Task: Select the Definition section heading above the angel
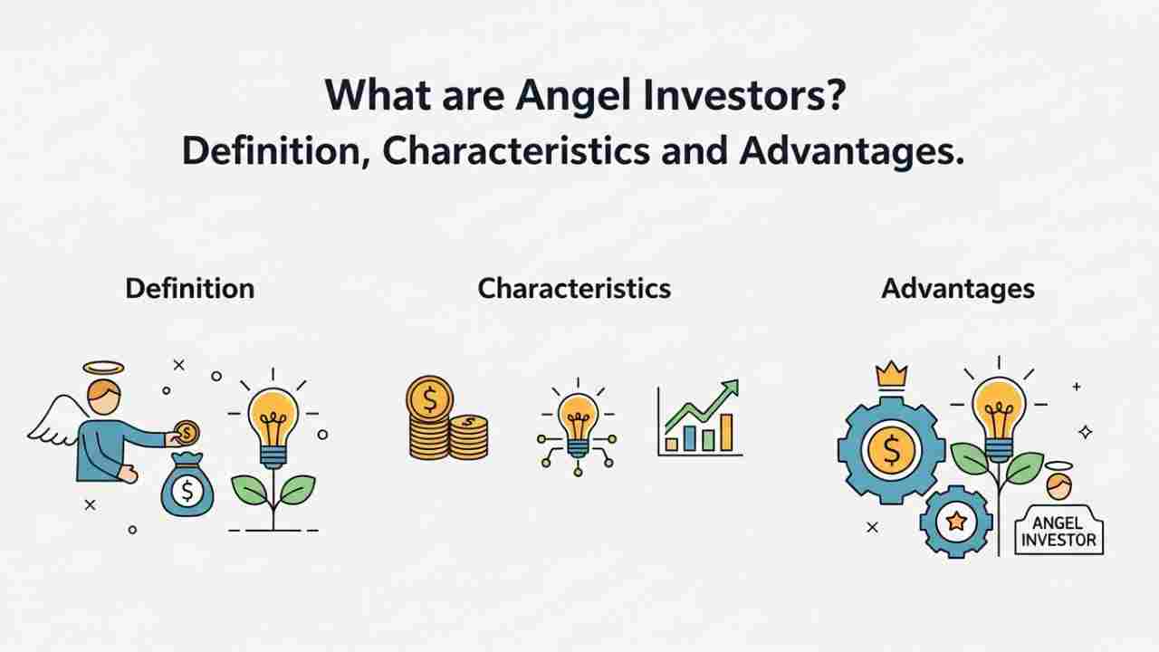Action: click(x=189, y=289)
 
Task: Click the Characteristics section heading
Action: click(x=574, y=289)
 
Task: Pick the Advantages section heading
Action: click(x=957, y=289)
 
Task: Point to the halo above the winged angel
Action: click(x=102, y=367)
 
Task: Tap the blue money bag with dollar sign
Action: click(x=187, y=491)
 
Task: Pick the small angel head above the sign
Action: click(x=1058, y=484)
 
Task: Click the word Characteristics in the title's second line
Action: click(x=515, y=151)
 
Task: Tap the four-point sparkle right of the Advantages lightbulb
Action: click(x=1085, y=432)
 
